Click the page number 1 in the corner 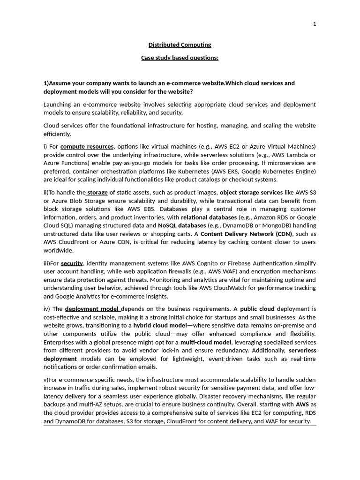click(315, 24)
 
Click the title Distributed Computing click(180, 45)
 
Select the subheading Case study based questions click(180, 58)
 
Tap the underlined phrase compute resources click(87, 147)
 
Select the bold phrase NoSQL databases click(182, 225)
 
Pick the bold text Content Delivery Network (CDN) click(246, 234)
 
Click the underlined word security click(72, 263)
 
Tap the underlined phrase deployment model click(92, 309)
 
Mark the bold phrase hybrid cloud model click(160, 325)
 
